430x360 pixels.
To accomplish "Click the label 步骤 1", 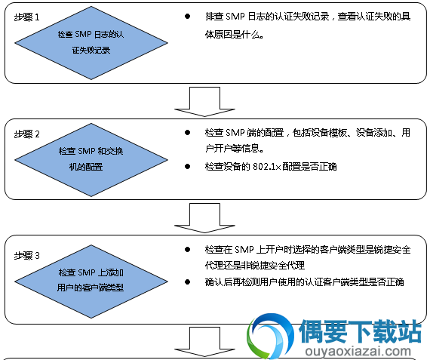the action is click(26, 17).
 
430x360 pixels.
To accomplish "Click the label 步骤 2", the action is click(26, 134).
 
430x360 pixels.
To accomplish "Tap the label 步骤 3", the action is click(26, 256).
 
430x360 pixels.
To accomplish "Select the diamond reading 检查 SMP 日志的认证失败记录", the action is click(91, 43).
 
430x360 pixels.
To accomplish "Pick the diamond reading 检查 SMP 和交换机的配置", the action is click(91, 160).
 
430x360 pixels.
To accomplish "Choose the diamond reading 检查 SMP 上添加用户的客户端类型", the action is click(91, 282).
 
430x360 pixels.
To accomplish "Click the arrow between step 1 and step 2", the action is click(204, 102).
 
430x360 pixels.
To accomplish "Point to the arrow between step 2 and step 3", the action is click(204, 218).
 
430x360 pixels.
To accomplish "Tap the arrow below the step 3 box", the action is click(204, 342).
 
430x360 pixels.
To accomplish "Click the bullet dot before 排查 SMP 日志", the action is click(188, 17).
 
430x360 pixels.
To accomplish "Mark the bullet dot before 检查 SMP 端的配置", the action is click(188, 133).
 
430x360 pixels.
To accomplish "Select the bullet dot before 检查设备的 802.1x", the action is click(188, 166).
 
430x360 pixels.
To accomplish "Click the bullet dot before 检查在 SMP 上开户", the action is click(188, 249).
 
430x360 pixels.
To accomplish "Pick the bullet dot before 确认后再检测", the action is click(188, 282).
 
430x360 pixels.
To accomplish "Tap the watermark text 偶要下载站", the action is click(360, 332).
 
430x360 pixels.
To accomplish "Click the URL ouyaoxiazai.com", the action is click(358, 351).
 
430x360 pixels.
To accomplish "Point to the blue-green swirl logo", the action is click(270, 336).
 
